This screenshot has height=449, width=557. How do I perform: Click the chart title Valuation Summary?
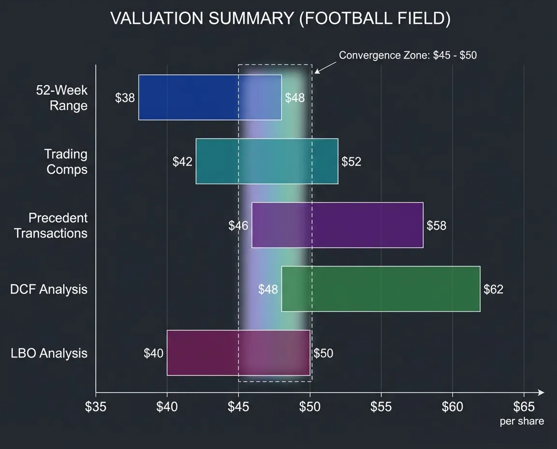[280, 18]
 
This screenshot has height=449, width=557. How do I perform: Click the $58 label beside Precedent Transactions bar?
[437, 225]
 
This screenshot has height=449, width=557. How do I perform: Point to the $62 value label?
[493, 289]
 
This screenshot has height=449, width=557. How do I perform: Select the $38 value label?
[125, 98]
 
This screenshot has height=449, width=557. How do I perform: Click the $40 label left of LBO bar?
[153, 353]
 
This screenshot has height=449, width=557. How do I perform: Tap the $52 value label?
[351, 162]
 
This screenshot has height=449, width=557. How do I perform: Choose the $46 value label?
[238, 225]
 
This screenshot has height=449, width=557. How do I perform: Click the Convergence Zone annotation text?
[408, 55]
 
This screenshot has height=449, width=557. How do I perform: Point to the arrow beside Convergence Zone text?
[325, 67]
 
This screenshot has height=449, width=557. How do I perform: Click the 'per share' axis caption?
[522, 421]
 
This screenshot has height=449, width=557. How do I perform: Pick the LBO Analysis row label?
[49, 353]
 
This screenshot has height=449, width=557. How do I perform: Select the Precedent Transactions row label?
[51, 225]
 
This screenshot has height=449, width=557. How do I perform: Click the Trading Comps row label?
[66, 162]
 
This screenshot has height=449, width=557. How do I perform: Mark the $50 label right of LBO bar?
[323, 353]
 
